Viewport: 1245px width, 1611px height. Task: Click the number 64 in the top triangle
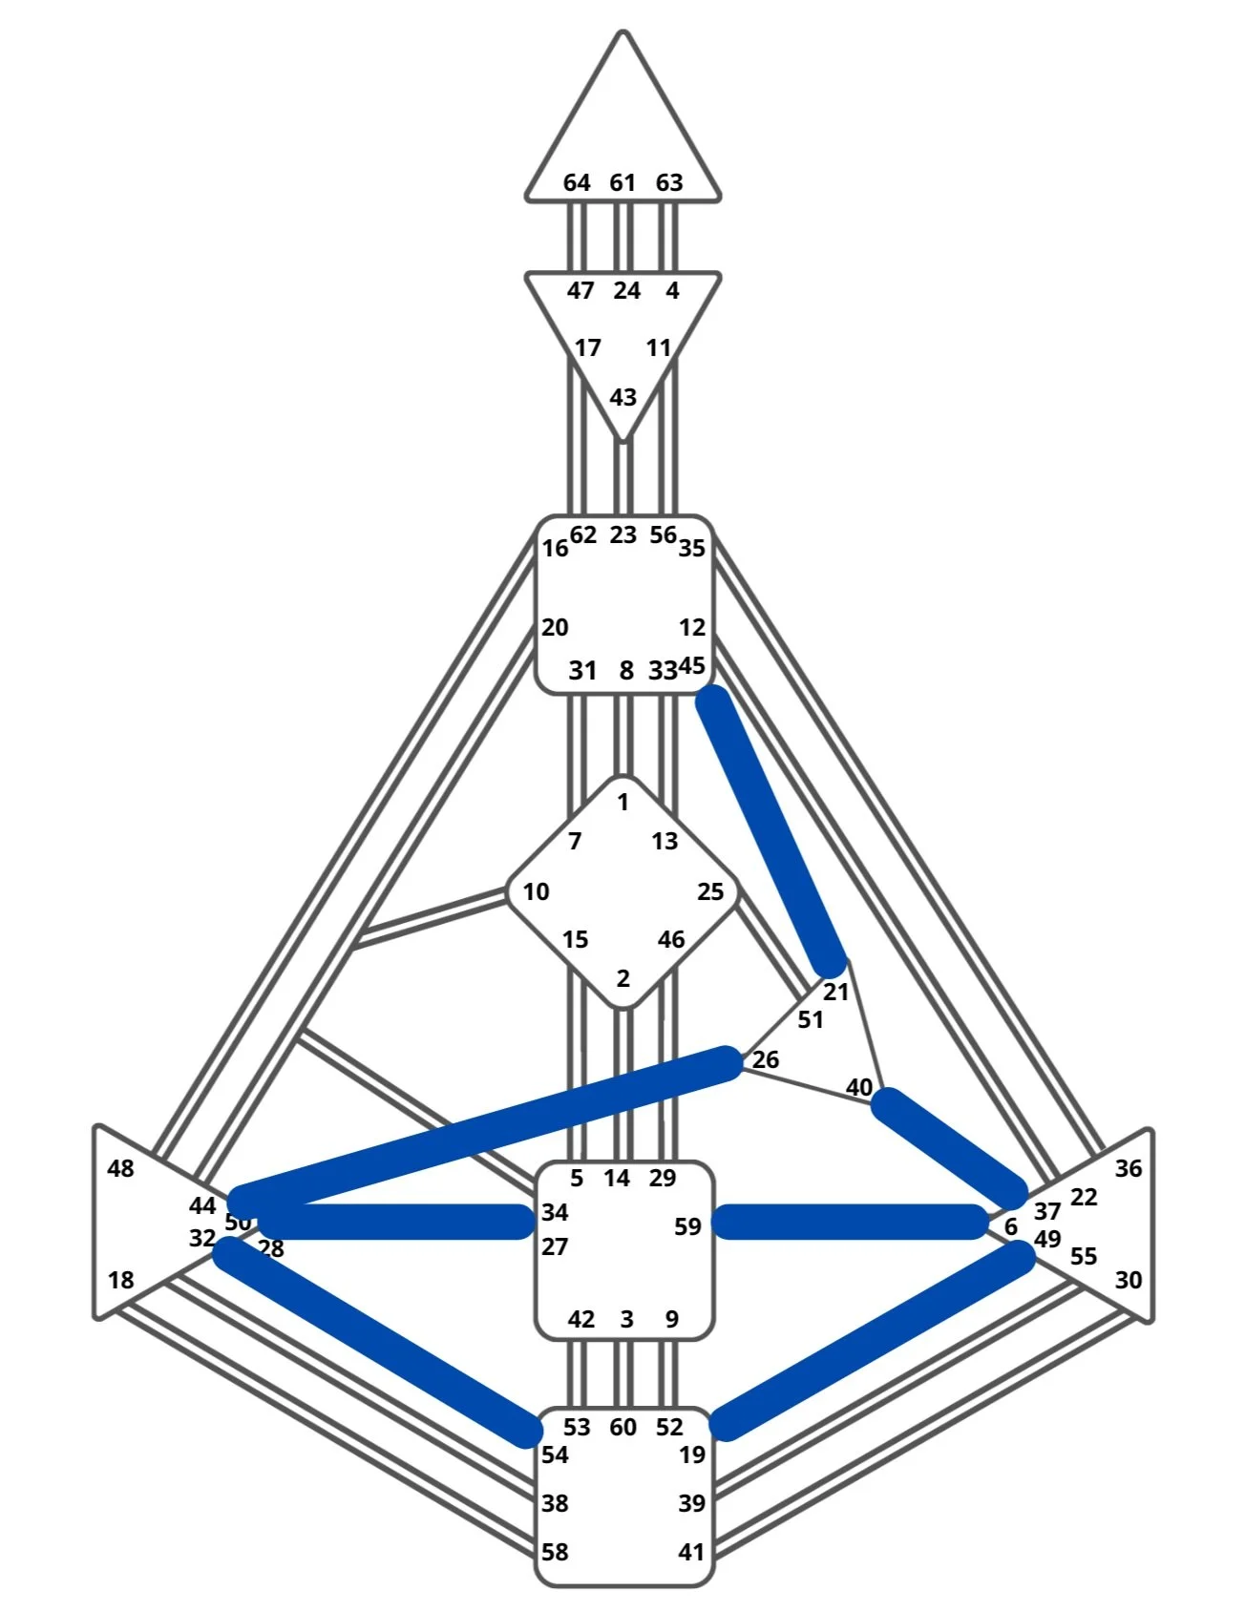[577, 182]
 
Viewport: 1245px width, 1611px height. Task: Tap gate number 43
[622, 397]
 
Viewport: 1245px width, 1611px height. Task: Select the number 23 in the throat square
[622, 534]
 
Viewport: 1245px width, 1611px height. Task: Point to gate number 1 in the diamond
[623, 803]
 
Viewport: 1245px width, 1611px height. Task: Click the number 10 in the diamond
[536, 891]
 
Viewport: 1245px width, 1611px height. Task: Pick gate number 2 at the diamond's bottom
[623, 978]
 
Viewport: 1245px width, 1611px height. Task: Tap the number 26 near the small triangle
[766, 1059]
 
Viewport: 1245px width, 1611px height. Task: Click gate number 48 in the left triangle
[121, 1168]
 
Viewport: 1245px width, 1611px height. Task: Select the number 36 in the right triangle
[1129, 1168]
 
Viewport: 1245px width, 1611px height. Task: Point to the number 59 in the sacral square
[687, 1226]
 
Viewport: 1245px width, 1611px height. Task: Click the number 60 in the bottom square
[622, 1427]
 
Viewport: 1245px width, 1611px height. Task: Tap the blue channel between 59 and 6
[850, 1222]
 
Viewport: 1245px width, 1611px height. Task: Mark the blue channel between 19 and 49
[874, 1341]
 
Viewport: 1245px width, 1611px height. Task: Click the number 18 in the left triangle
[121, 1280]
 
